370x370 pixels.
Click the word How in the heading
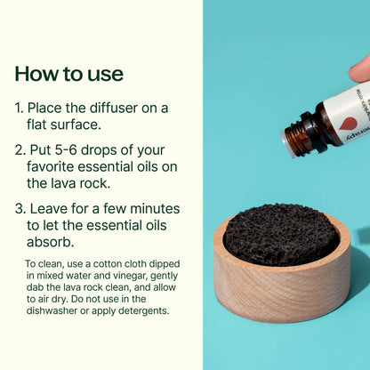pos(38,73)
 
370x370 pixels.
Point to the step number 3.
pos(20,209)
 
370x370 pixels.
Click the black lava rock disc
pos(279,233)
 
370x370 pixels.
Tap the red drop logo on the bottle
pos(349,124)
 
